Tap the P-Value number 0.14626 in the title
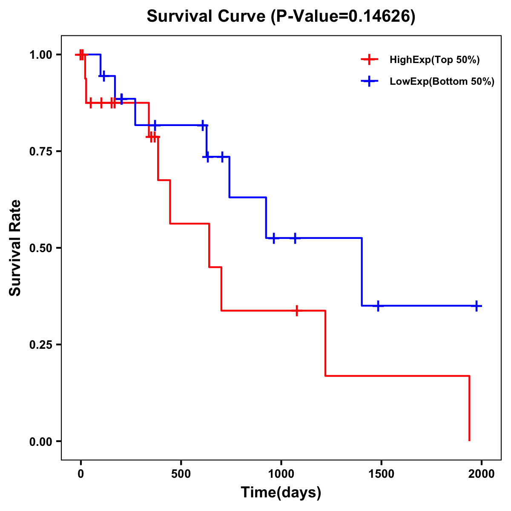(380, 17)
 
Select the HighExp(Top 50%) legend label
(434, 60)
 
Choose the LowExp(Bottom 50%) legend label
(442, 82)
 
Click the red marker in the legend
(369, 60)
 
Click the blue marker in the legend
(369, 81)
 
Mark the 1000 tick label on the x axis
(281, 474)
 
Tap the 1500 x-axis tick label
(381, 474)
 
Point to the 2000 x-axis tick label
(482, 474)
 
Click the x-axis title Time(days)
(281, 493)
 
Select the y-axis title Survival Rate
(15, 248)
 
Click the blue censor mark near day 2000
(477, 306)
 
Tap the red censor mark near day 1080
(297, 310)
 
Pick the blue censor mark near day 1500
(378, 306)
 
